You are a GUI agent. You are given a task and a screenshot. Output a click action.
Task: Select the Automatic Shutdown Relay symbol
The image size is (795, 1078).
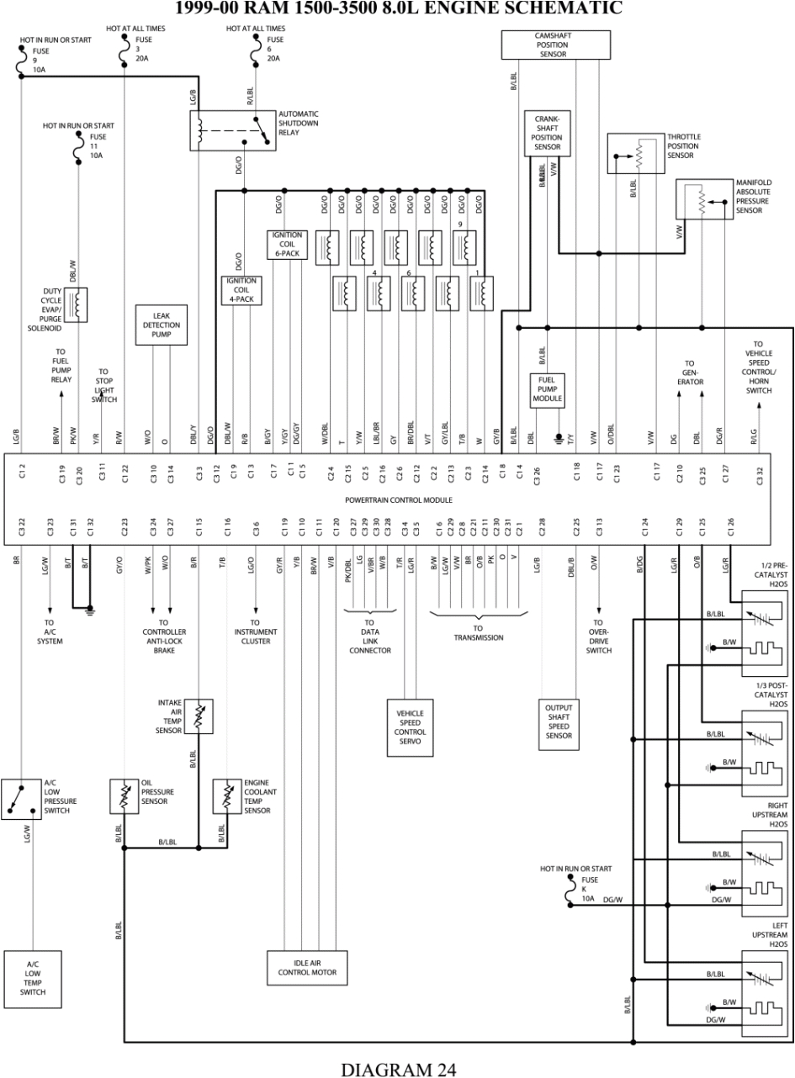click(x=232, y=130)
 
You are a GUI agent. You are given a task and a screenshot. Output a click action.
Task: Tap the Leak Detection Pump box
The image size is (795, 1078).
click(x=161, y=325)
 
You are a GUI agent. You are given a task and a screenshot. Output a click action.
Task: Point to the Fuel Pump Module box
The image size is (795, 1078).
click(x=547, y=389)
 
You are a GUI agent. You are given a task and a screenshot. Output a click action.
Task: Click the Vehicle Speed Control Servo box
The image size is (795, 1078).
click(x=411, y=727)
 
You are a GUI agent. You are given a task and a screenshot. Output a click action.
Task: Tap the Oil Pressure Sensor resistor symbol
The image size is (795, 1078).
click(x=124, y=795)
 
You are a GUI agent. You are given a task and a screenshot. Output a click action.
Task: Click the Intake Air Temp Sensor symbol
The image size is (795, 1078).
click(x=199, y=715)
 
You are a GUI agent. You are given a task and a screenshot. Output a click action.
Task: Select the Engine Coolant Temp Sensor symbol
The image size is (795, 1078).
click(x=227, y=795)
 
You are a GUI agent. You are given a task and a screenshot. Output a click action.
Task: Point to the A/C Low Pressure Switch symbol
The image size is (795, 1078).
click(x=20, y=799)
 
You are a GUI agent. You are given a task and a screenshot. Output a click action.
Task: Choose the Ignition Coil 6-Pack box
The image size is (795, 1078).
click(x=288, y=244)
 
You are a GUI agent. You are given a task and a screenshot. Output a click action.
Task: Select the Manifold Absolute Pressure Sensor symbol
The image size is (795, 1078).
click(x=703, y=199)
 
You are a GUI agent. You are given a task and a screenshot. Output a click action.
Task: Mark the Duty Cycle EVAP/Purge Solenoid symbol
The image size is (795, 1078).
click(x=78, y=304)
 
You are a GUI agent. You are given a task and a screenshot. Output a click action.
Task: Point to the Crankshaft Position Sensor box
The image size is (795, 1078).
click(x=547, y=133)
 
